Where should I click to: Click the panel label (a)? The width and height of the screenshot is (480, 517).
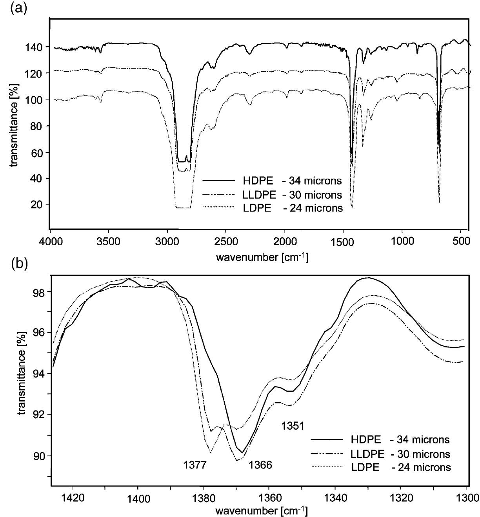[x=19, y=9]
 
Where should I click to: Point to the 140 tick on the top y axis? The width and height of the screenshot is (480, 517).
[x=35, y=47]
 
